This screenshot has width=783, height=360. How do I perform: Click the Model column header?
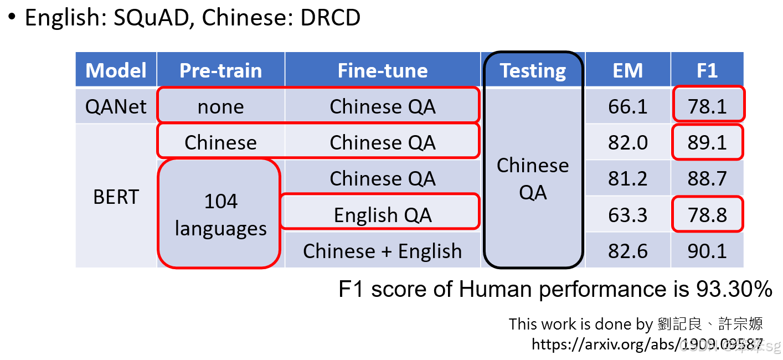pyautogui.click(x=116, y=70)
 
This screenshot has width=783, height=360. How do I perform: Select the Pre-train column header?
pyautogui.click(x=220, y=70)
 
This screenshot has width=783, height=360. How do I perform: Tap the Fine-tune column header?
pyautogui.click(x=383, y=70)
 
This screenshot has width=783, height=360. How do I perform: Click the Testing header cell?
pyautogui.click(x=533, y=70)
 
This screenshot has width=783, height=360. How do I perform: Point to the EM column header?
pyautogui.click(x=627, y=70)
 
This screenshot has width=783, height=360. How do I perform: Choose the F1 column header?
pyautogui.click(x=707, y=70)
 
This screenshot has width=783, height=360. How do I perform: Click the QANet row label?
pyautogui.click(x=116, y=106)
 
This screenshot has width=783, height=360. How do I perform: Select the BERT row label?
pyautogui.click(x=116, y=197)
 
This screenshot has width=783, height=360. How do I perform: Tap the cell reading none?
pyautogui.click(x=220, y=106)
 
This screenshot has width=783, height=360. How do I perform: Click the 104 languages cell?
pyautogui.click(x=220, y=215)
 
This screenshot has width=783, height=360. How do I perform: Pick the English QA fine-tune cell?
pyautogui.click(x=383, y=215)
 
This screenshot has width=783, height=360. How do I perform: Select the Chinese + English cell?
pyautogui.click(x=383, y=251)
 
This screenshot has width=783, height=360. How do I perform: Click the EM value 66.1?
pyautogui.click(x=627, y=106)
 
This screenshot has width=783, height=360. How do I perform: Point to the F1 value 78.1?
pyautogui.click(x=707, y=106)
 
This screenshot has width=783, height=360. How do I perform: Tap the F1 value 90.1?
pyautogui.click(x=707, y=251)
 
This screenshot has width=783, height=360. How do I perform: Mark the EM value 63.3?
pyautogui.click(x=627, y=215)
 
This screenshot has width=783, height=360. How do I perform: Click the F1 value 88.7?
pyautogui.click(x=707, y=178)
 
